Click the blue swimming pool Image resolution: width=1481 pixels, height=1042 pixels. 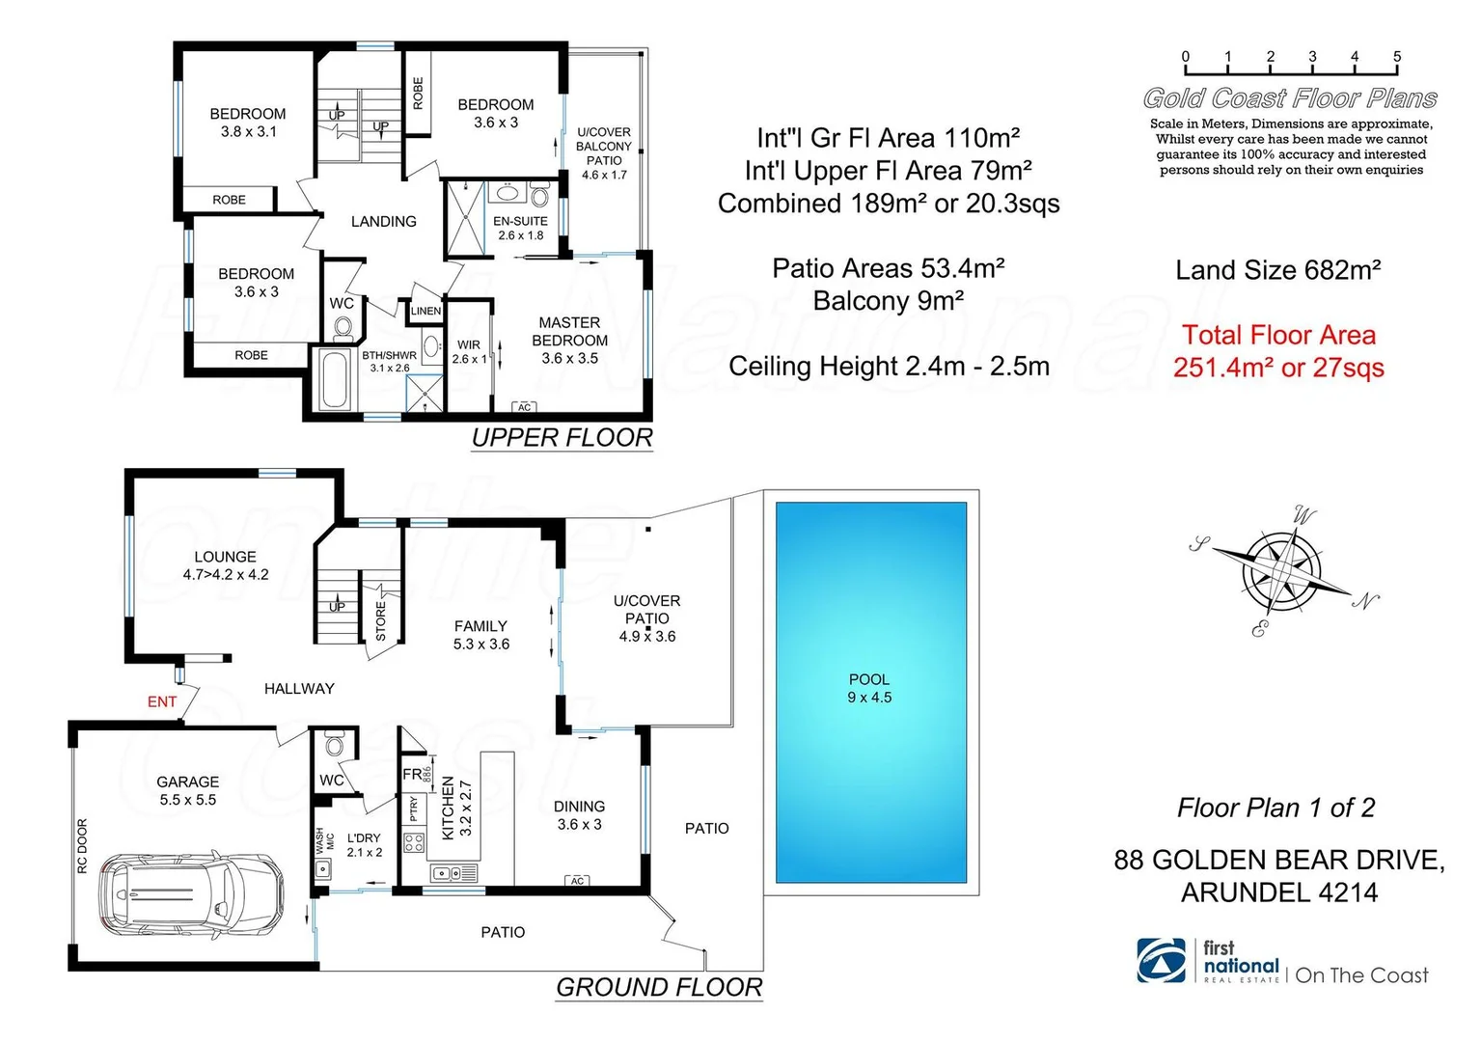coord(870,690)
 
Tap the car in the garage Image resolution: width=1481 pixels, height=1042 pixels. coord(192,894)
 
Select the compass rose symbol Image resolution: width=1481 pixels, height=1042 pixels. coord(1281,571)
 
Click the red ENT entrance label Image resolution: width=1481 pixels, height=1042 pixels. coord(162,701)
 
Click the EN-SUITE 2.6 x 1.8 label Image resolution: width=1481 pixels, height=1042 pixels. coord(520,228)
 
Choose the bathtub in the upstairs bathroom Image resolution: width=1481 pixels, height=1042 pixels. coord(335,380)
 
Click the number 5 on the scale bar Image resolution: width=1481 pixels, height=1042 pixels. coord(1396,57)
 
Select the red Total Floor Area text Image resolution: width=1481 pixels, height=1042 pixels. coord(1278,351)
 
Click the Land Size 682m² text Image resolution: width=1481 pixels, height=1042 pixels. coord(1277,270)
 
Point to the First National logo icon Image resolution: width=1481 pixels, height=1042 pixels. coord(1162,960)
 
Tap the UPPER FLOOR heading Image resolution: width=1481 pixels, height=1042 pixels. coord(562,438)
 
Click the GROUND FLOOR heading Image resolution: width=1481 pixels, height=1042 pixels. coord(659,988)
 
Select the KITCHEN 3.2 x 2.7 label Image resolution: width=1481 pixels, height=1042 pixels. coord(455,809)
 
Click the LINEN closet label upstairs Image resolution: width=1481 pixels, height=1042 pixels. coord(425,311)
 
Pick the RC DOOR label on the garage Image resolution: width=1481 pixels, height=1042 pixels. coord(82,846)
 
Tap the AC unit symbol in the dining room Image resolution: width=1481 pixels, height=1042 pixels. coord(577,881)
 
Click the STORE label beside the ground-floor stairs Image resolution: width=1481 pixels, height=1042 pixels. coord(380,622)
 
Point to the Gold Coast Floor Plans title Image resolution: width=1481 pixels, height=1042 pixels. coord(1289,98)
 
